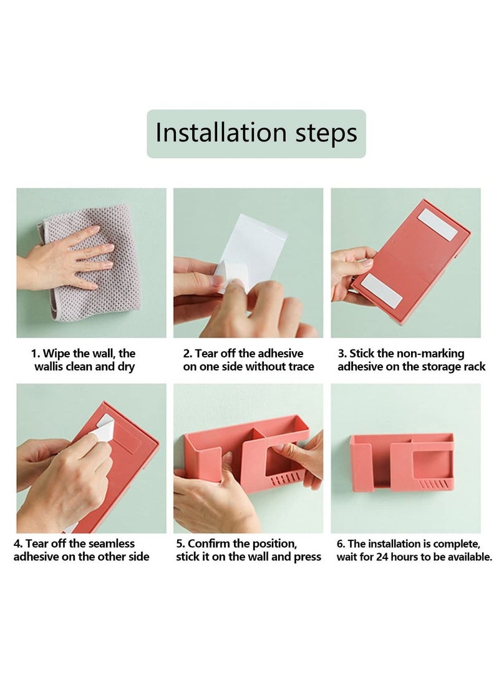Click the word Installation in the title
click(x=221, y=132)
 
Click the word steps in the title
click(x=326, y=134)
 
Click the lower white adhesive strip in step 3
click(x=381, y=290)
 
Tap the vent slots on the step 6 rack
click(x=434, y=483)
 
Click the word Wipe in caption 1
click(x=57, y=354)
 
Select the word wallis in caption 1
click(x=50, y=366)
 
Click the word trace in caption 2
click(x=299, y=367)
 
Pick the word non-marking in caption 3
click(x=430, y=354)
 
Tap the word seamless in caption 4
click(x=112, y=544)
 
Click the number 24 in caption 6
click(x=382, y=557)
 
